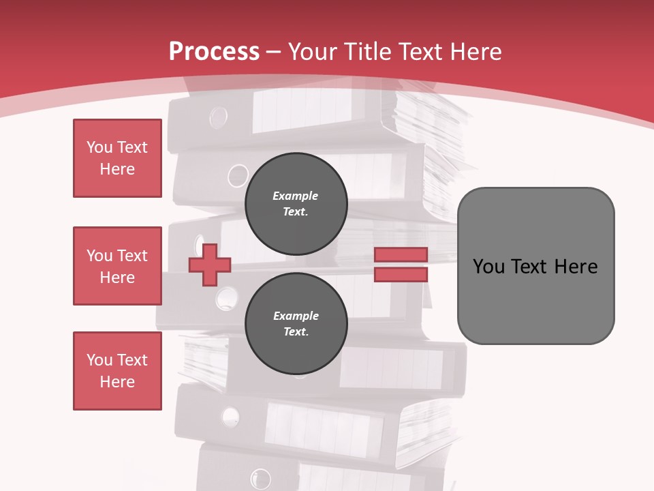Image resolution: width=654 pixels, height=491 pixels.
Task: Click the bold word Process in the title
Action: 214,51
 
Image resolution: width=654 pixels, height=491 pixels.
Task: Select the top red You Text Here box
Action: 117,158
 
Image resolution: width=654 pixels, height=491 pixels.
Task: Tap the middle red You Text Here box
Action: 117,266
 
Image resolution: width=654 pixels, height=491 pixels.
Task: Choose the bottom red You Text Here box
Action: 117,371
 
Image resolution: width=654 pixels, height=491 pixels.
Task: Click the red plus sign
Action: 210,265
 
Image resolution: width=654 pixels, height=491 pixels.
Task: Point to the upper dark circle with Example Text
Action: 296,204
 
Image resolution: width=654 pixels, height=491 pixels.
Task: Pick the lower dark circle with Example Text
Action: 296,324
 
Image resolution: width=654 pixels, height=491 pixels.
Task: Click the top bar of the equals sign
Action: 401,254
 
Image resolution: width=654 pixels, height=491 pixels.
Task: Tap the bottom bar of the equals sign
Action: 401,274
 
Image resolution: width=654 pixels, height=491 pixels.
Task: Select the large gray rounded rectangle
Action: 535,265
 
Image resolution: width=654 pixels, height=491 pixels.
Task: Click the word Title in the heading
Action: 371,51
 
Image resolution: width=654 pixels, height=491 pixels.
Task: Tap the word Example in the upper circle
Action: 295,196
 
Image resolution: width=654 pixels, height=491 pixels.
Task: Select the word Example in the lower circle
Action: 296,316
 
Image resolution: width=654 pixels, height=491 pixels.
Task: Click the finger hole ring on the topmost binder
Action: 219,117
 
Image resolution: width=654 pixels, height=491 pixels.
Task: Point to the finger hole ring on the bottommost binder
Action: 260,478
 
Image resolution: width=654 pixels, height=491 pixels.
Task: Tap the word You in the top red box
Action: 99,147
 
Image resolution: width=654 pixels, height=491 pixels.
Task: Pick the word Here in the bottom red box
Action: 117,382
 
